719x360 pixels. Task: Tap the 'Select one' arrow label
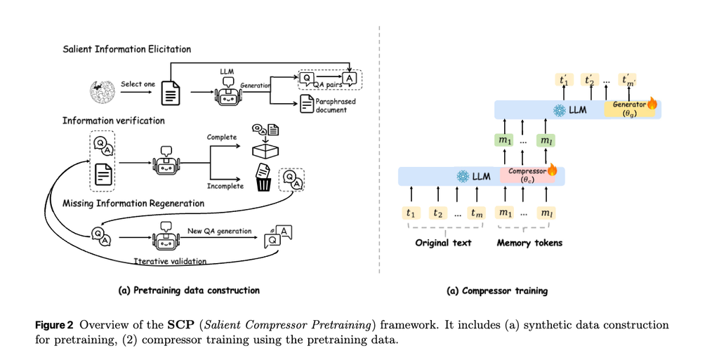pos(138,84)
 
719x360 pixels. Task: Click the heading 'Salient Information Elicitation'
pos(126,49)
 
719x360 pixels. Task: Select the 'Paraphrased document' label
pos(336,105)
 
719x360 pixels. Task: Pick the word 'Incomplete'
pos(225,186)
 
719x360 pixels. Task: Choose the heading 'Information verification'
pos(114,121)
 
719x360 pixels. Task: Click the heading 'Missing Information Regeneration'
pos(133,204)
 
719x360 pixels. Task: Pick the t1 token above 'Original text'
pos(411,213)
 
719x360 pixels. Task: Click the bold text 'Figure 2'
pos(55,325)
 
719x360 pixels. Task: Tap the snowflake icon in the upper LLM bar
pos(560,109)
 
